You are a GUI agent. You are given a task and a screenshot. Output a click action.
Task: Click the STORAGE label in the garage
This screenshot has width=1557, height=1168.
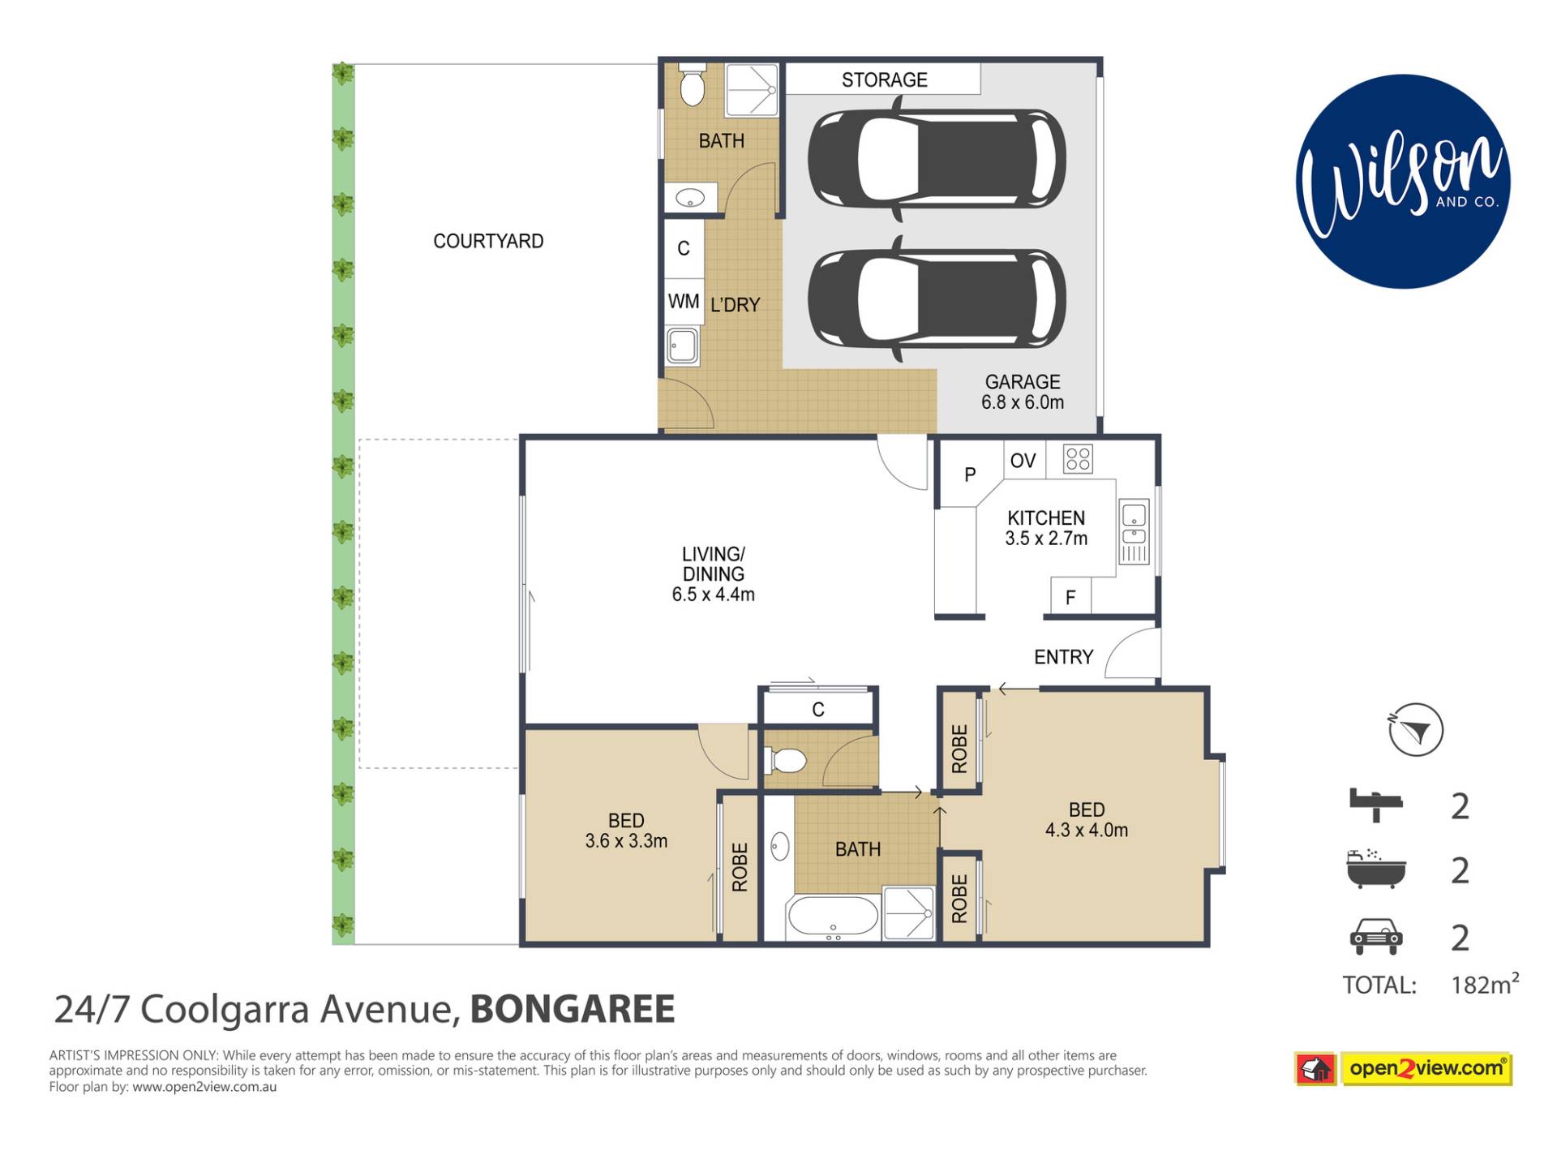(x=884, y=79)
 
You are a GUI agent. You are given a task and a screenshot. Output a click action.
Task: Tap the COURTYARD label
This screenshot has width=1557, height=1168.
(x=488, y=241)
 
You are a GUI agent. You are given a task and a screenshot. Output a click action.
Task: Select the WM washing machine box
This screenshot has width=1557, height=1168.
(x=684, y=302)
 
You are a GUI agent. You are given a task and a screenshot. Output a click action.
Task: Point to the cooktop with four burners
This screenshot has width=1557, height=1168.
(x=1078, y=459)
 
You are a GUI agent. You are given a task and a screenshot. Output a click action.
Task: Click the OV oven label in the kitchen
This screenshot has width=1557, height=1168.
(x=1023, y=461)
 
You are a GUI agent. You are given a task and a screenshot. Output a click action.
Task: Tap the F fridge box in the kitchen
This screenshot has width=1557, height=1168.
(x=1070, y=596)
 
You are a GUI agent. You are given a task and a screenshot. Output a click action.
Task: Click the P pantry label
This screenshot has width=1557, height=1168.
(x=970, y=474)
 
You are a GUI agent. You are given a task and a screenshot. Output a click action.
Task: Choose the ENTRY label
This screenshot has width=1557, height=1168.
(x=1063, y=657)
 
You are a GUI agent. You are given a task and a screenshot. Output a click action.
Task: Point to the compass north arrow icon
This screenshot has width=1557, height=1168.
(x=1415, y=730)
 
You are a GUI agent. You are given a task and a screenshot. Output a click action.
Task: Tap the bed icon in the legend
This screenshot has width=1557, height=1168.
(x=1375, y=805)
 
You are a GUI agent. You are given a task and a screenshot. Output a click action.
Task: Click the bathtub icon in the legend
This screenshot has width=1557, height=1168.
(x=1375, y=869)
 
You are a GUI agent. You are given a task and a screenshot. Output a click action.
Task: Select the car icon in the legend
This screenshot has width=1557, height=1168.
(x=1375, y=937)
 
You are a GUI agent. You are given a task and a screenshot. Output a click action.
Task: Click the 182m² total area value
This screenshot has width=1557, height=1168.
(x=1485, y=983)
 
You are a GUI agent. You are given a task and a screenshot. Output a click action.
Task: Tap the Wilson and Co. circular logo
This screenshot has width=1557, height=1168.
(x=1403, y=182)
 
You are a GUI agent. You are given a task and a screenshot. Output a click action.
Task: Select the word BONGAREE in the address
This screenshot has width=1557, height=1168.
(x=573, y=1009)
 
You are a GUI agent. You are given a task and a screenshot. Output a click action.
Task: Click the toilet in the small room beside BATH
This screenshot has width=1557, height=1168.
(x=785, y=761)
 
